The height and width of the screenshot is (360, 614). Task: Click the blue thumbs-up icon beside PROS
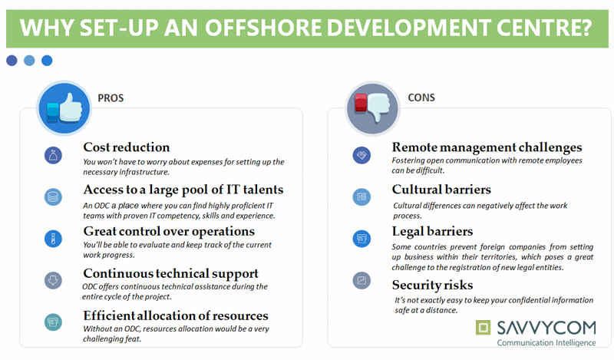[64, 108]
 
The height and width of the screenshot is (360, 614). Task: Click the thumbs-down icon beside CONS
[372, 108]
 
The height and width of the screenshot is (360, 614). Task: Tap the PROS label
[111, 98]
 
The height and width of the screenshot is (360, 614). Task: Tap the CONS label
[421, 97]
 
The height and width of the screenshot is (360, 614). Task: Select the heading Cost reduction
[127, 147]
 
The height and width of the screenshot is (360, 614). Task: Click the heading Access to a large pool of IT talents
[183, 190]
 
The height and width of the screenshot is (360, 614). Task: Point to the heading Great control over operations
[169, 232]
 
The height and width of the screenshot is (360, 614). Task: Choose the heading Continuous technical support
[170, 273]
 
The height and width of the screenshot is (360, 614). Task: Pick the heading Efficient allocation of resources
[176, 315]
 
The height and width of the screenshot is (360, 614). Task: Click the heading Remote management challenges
[487, 147]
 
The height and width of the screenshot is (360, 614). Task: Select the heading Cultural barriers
[441, 190]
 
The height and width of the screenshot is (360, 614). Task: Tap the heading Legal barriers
[432, 232]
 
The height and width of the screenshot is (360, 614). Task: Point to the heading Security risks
[432, 286]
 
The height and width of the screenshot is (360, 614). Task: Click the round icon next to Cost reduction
[53, 155]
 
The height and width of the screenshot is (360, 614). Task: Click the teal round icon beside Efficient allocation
[53, 322]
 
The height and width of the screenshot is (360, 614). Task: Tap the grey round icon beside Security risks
[361, 280]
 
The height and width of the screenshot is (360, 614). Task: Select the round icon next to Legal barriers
[361, 239]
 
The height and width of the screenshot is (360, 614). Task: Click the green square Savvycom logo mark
[483, 328]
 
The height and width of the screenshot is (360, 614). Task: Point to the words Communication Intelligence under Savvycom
[546, 343]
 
